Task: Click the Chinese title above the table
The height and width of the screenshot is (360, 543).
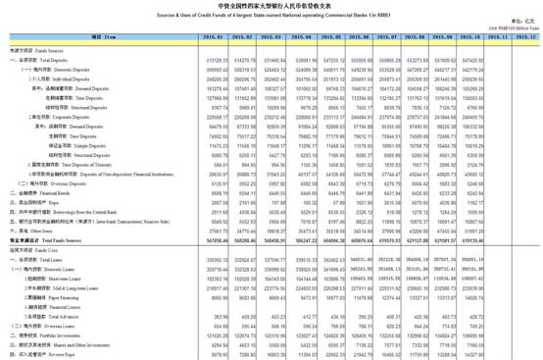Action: [271, 6]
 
